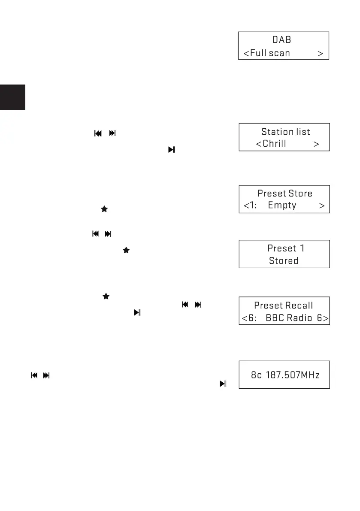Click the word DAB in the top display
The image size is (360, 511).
pyautogui.click(x=282, y=40)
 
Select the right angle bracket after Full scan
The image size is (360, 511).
pyautogui.click(x=320, y=53)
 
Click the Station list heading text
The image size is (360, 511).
pyautogui.click(x=286, y=132)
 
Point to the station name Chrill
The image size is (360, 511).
pyautogui.click(x=274, y=144)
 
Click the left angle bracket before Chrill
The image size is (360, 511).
pyautogui.click(x=259, y=144)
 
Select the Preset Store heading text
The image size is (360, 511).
pyautogui.click(x=285, y=194)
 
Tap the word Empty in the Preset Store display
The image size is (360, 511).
pyautogui.click(x=282, y=206)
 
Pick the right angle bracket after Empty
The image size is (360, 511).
pyautogui.click(x=322, y=206)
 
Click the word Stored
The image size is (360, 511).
pyautogui.click(x=284, y=260)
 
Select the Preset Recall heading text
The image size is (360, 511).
pyautogui.click(x=284, y=305)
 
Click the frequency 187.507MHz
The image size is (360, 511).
pyautogui.click(x=293, y=375)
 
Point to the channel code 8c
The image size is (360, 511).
pyautogui.click(x=257, y=375)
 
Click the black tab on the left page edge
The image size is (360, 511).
pyautogui.click(x=12, y=97)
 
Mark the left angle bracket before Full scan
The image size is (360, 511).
pyautogui.click(x=246, y=53)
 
